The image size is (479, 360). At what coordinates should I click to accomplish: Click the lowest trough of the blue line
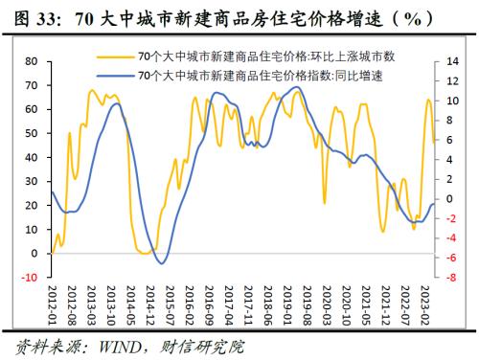tap(162, 263)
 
